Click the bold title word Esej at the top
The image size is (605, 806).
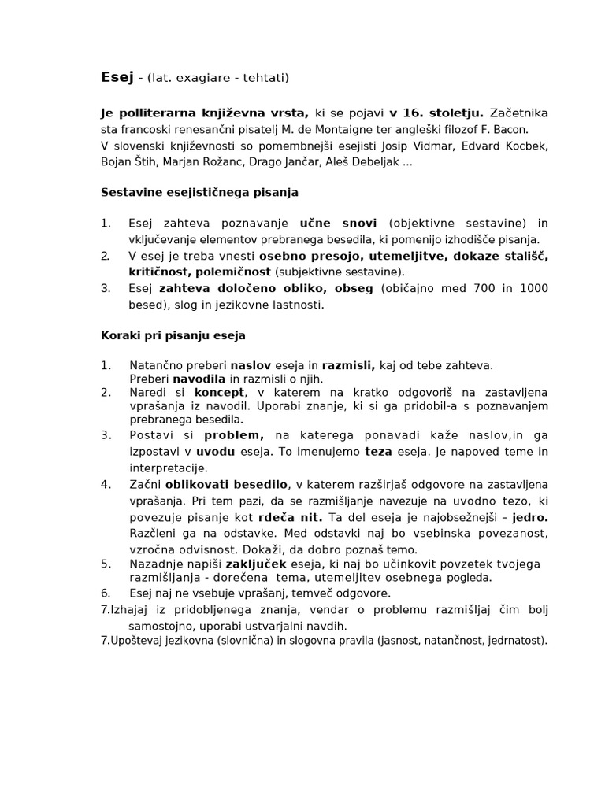[x=115, y=77]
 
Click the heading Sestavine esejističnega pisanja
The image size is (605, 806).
[x=200, y=193]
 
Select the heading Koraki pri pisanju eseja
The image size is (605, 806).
[x=173, y=335]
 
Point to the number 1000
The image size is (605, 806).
[x=532, y=289]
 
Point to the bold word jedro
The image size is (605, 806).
[x=529, y=518]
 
